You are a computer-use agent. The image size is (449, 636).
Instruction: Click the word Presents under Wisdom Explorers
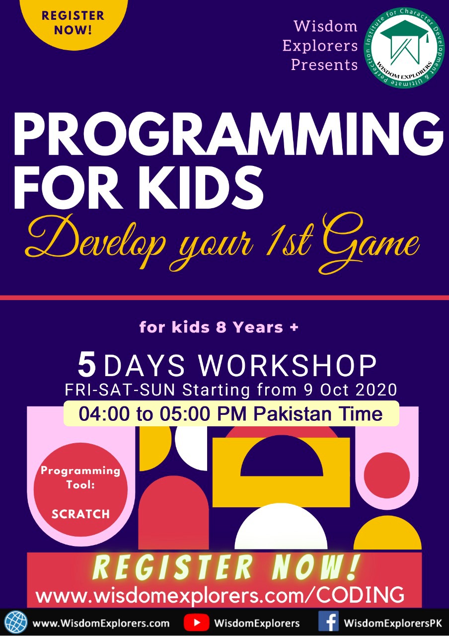324,65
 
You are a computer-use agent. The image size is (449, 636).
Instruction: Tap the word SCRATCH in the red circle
80,514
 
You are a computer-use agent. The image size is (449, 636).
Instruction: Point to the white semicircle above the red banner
281,528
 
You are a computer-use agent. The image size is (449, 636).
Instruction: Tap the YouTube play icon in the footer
196,623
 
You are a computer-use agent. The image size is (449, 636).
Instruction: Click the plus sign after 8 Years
294,327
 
